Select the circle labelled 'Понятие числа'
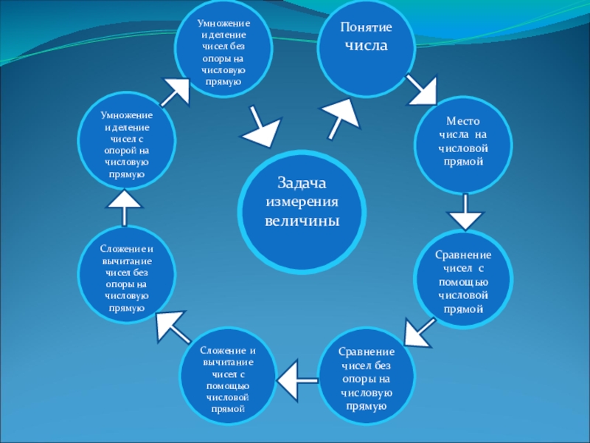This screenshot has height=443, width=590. tap(366, 48)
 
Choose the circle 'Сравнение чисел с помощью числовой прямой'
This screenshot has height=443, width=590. tap(463, 281)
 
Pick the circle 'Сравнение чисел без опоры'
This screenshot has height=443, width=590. tap(367, 380)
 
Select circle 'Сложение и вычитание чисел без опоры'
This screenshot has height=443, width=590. tap(125, 276)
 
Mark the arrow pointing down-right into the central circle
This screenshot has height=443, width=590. tap(259, 128)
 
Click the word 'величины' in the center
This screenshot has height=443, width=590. tap(302, 221)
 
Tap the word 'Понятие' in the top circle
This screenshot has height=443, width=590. tap(367, 27)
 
